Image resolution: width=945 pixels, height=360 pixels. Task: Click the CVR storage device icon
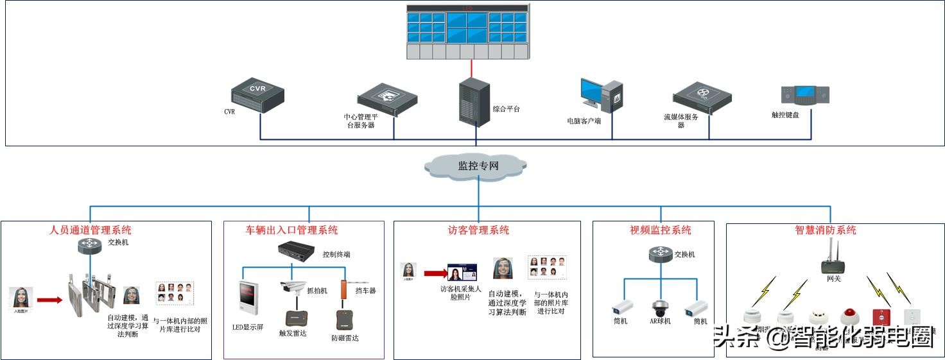pos(257,96)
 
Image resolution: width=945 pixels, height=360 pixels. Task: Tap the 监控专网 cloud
pos(478,166)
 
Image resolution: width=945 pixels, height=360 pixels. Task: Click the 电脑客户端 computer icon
pos(602,96)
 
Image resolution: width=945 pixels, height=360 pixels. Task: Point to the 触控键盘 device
pos(804,96)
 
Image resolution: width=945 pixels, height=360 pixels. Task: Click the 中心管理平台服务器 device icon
pos(387,99)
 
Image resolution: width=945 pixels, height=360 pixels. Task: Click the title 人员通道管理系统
pos(91,230)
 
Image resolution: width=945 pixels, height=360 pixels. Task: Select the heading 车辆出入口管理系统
pos(292,230)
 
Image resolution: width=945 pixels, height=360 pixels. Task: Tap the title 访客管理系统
pos(478,230)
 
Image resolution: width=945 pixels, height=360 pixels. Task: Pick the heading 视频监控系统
pos(661,230)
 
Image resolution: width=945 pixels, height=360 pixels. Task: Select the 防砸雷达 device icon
pos(345,320)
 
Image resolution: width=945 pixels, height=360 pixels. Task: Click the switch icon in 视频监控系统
pos(661,254)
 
